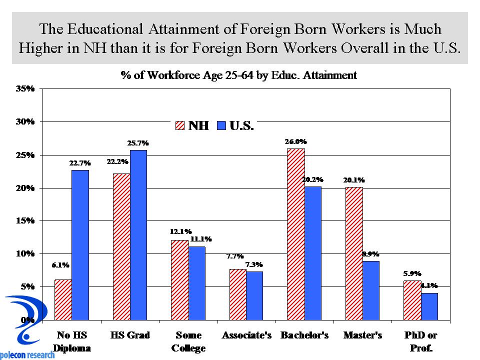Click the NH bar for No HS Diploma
point(63,299)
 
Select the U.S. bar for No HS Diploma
point(80,245)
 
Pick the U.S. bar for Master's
point(371,290)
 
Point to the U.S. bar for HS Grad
point(138,235)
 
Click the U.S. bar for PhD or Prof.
point(429,306)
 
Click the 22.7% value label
point(80,163)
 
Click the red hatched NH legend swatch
point(180,125)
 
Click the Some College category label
point(189,341)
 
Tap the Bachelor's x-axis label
point(304,335)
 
